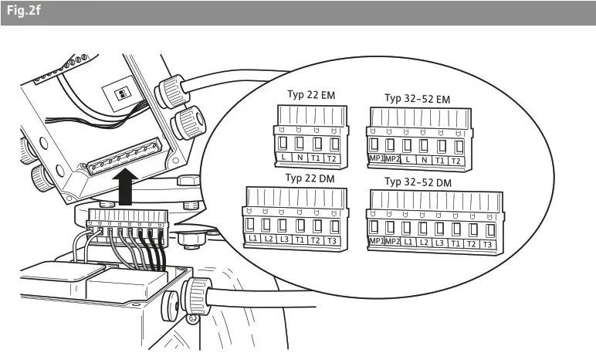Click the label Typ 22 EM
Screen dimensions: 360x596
pyautogui.click(x=306, y=97)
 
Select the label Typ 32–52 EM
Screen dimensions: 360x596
pyautogui.click(x=417, y=98)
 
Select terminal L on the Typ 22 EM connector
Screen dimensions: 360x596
pyautogui.click(x=283, y=158)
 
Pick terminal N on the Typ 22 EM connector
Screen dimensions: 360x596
pyautogui.click(x=300, y=158)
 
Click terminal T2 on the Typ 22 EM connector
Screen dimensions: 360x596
pyautogui.click(x=334, y=158)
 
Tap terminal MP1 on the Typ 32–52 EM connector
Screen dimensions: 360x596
pyautogui.click(x=375, y=161)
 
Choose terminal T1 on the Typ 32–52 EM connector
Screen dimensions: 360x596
pyautogui.click(x=440, y=161)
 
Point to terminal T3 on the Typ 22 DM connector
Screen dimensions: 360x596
pyautogui.click(x=334, y=240)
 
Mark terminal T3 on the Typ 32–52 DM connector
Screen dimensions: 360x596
pyautogui.click(x=488, y=244)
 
